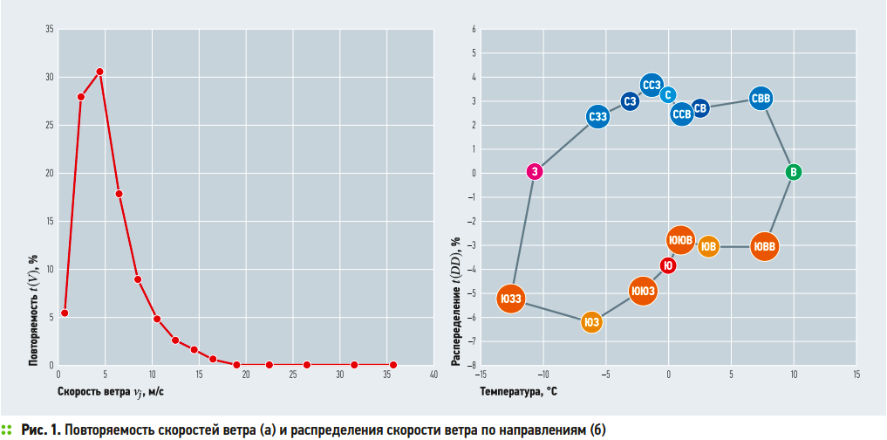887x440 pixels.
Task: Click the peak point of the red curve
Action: [99, 72]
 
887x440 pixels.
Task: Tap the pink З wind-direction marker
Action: [536, 171]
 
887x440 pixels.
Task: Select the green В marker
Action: [793, 172]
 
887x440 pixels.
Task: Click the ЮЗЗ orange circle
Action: [511, 299]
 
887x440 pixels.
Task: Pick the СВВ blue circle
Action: [761, 100]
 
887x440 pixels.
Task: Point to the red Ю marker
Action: [668, 266]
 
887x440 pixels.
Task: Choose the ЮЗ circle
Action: [592, 322]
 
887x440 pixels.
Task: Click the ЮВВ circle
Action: [764, 247]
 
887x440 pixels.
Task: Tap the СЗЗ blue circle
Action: [597, 116]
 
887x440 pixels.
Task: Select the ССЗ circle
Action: [652, 85]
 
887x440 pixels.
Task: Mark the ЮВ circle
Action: [709, 247]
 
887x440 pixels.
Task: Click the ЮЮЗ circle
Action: [643, 291]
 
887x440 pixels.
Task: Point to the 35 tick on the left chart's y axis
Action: [49, 30]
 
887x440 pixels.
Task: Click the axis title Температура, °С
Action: [518, 392]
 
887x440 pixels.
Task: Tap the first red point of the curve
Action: [65, 313]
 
